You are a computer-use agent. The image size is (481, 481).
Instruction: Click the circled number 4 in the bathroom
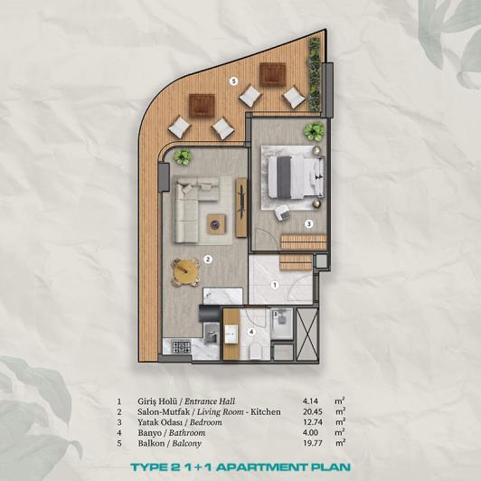[252, 332]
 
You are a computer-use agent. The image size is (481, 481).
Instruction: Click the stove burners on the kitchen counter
[177, 345]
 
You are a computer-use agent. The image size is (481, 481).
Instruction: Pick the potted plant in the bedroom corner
[314, 132]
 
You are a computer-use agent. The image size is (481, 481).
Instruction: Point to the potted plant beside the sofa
[184, 156]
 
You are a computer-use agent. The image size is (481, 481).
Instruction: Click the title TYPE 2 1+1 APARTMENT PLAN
[240, 467]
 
